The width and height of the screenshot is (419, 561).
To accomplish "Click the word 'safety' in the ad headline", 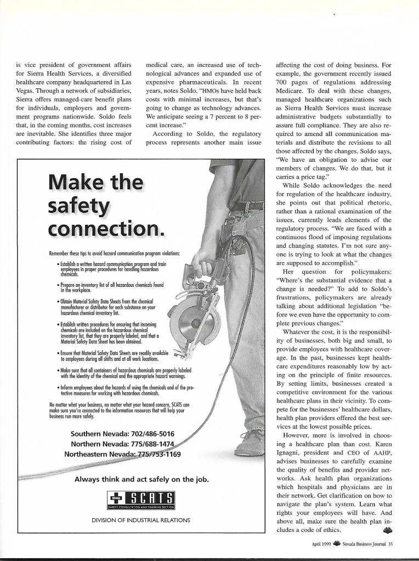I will tap(80, 208).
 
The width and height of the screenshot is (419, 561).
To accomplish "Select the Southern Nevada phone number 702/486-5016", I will tap(122, 434).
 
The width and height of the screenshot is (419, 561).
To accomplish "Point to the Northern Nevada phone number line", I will tap(122, 444).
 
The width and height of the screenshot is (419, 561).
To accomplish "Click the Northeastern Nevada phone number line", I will tap(122, 454).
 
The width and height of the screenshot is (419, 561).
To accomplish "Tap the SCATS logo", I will tap(141, 499).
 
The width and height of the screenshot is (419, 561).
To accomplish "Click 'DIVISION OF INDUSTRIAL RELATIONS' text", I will tap(141, 519).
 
